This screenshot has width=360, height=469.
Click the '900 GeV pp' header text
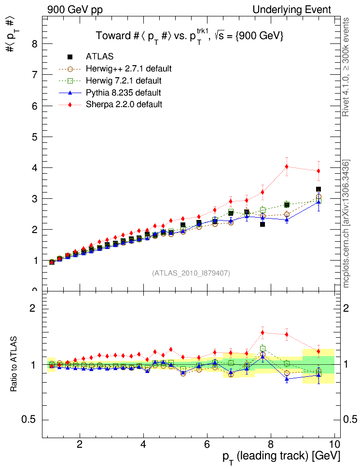(75, 10)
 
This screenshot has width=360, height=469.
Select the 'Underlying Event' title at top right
(292, 10)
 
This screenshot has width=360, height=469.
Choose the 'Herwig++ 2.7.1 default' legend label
(129, 69)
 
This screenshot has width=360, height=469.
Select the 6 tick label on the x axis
(207, 443)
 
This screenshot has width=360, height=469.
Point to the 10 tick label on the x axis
(334, 443)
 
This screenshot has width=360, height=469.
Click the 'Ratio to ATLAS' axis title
(14, 364)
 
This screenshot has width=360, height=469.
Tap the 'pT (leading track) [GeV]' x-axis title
(281, 456)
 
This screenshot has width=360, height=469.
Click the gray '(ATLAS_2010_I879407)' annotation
(191, 273)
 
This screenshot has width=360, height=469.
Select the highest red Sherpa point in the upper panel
(287, 166)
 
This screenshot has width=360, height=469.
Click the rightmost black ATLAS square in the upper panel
(318, 189)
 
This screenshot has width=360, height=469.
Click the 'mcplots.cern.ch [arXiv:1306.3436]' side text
(346, 224)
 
